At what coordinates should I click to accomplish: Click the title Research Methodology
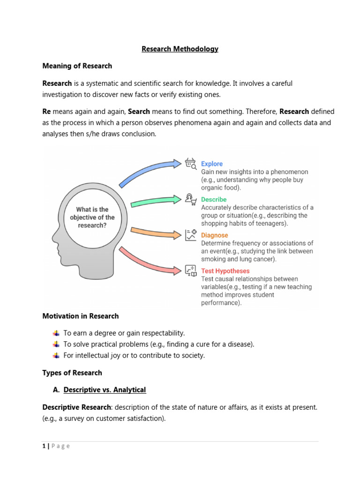pyautogui.click(x=180, y=49)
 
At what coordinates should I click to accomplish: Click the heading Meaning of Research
pyautogui.click(x=77, y=66)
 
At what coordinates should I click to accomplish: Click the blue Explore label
pyautogui.click(x=212, y=164)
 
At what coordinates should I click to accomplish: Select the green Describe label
pyautogui.click(x=214, y=200)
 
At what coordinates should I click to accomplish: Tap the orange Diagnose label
pyautogui.click(x=214, y=235)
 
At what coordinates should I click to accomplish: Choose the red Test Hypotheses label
pyautogui.click(x=225, y=271)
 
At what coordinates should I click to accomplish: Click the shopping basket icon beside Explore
pyautogui.click(x=190, y=163)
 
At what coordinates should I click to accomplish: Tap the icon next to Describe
pyautogui.click(x=190, y=199)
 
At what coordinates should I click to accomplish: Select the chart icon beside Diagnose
pyautogui.click(x=190, y=234)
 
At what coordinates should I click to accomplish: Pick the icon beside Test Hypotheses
pyautogui.click(x=190, y=270)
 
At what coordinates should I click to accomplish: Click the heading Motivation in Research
pyautogui.click(x=80, y=316)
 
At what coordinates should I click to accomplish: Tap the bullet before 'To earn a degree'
pyautogui.click(x=56, y=333)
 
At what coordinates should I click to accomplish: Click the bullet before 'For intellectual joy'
pyautogui.click(x=56, y=356)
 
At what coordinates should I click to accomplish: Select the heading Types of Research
pyautogui.click(x=72, y=373)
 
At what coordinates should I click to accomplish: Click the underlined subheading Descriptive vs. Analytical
pyautogui.click(x=105, y=390)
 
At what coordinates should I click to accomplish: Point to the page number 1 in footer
pyautogui.click(x=44, y=446)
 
